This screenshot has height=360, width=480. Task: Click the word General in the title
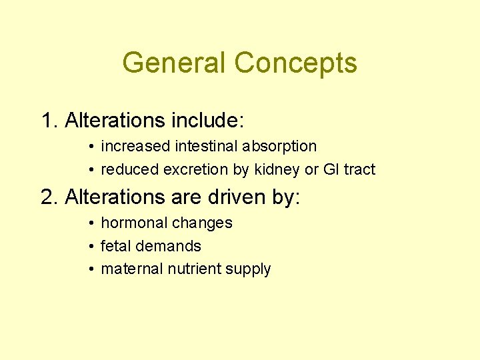pos(175,63)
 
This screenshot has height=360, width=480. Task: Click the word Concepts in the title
pos(295,63)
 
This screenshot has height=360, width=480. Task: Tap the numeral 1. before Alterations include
pos(50,121)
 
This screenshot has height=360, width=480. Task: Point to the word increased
pos(136,146)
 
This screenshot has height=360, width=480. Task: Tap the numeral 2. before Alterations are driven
pos(50,197)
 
